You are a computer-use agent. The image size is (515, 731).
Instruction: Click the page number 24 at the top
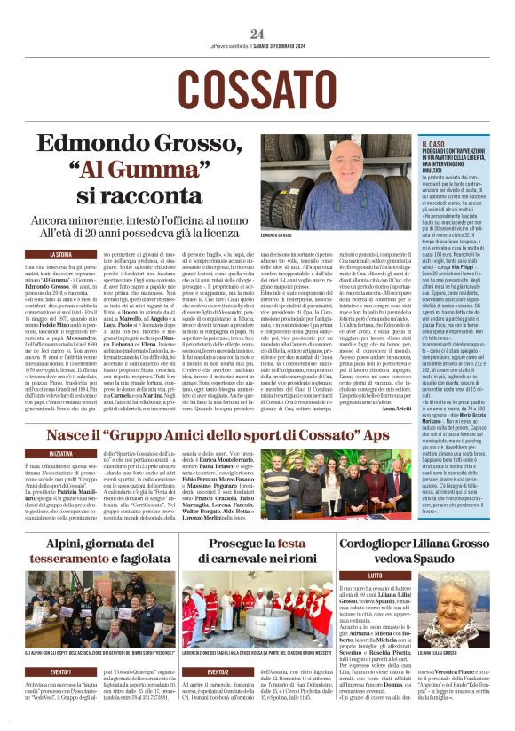[x=257, y=34]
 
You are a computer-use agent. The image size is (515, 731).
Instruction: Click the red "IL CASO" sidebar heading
[x=433, y=143]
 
